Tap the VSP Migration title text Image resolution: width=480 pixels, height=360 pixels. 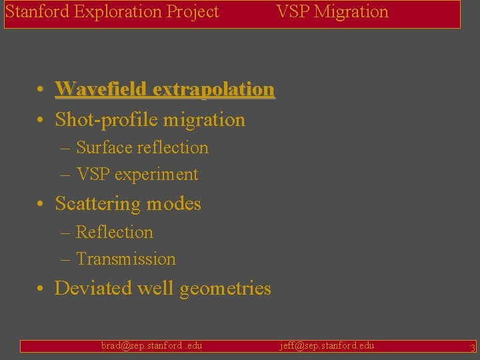click(x=332, y=12)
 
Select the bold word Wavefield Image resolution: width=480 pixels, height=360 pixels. click(x=101, y=89)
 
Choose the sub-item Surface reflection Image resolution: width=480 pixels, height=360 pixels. click(x=142, y=148)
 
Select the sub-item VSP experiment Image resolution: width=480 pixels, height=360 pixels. click(x=137, y=175)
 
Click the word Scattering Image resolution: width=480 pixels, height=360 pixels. click(x=97, y=204)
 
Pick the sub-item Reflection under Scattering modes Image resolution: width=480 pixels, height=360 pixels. click(x=115, y=233)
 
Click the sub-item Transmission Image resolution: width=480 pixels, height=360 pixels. click(x=126, y=259)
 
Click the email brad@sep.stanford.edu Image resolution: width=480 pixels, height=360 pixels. click(x=151, y=345)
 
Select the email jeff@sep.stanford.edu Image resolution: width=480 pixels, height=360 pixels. click(x=327, y=345)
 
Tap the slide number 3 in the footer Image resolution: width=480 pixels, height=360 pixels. click(x=473, y=347)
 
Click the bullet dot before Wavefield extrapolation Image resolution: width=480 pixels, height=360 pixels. click(x=41, y=89)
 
